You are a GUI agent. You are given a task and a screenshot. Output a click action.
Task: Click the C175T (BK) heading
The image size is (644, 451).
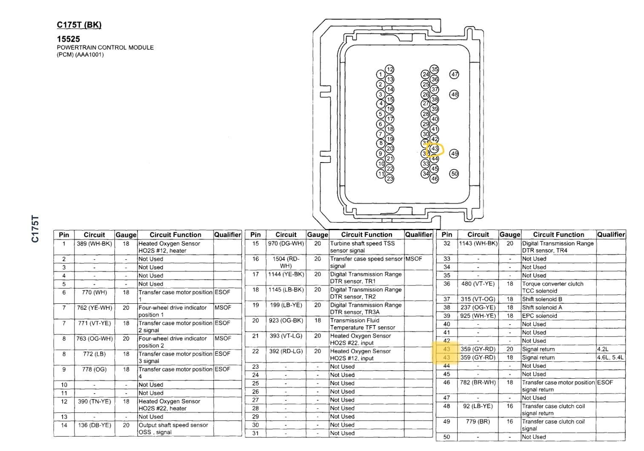coord(79,25)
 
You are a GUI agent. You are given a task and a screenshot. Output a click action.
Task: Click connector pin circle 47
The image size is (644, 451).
coord(455,74)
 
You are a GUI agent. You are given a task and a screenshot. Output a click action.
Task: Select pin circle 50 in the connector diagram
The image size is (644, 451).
coord(455,174)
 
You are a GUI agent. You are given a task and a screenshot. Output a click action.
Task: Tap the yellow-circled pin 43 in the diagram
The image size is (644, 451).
coord(434,149)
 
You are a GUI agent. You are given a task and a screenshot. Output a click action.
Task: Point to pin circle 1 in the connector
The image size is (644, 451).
coord(381,75)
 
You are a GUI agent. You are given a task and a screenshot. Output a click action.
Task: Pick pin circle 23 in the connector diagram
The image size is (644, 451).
coord(390,179)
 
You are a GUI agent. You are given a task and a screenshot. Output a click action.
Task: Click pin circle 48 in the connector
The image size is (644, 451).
coord(455,94)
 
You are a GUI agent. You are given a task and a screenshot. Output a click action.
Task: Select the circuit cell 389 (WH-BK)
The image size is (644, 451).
coord(94,244)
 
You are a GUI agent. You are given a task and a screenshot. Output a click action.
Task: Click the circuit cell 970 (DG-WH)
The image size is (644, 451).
coord(286,244)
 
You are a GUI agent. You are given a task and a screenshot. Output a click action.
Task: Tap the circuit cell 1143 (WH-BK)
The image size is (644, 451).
coord(478,244)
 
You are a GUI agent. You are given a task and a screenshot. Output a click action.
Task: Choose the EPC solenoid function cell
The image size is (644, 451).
coord(539,316)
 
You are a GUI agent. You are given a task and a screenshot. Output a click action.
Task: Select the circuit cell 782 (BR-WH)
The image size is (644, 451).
coord(478,382)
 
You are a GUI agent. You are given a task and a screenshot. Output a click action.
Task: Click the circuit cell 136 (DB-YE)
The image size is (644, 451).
coord(94,425)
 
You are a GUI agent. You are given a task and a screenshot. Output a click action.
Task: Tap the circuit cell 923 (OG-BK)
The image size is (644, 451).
coord(286,320)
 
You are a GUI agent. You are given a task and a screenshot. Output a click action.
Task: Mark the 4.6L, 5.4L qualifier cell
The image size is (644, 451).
coord(610,357)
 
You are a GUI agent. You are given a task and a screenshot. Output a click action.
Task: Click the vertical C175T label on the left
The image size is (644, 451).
coord(35,229)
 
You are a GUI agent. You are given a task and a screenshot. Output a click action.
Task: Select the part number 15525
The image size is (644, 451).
coord(69,39)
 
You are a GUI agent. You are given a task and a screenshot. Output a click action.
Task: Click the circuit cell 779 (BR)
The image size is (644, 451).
coord(478,422)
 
